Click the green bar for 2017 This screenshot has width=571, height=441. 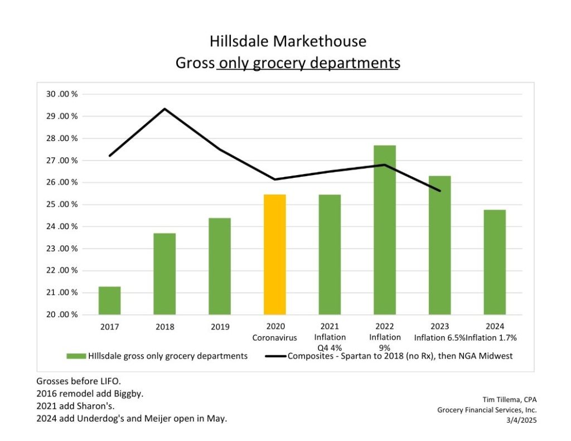coord(109,301)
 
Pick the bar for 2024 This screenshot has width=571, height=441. coord(494,262)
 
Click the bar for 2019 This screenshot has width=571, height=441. coord(219,266)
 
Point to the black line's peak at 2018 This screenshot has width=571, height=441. coord(164,109)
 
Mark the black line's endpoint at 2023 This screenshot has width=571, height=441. coord(439,191)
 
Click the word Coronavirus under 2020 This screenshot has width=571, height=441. coord(274,338)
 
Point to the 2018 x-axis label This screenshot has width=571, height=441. coord(164,327)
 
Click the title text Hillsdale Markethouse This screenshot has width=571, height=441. coord(288,41)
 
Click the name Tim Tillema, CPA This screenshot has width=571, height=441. coord(509,399)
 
